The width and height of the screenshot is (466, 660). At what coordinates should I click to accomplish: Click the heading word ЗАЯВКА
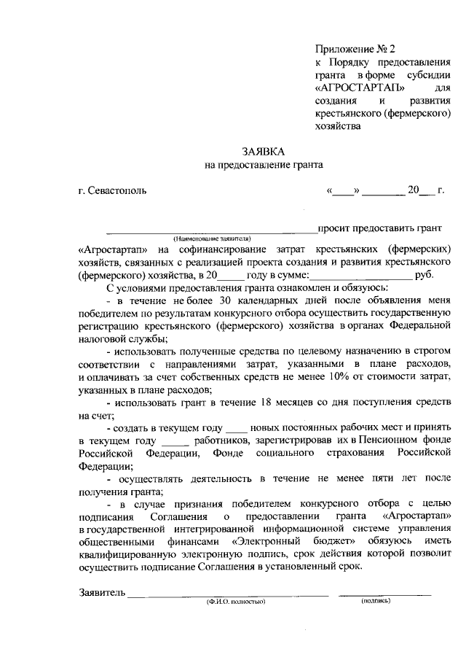pyautogui.click(x=264, y=152)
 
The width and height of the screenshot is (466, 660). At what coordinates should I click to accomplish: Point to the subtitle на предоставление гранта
pyautogui.click(x=264, y=166)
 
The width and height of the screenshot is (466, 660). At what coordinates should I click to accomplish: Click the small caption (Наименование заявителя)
pyautogui.click(x=212, y=238)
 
